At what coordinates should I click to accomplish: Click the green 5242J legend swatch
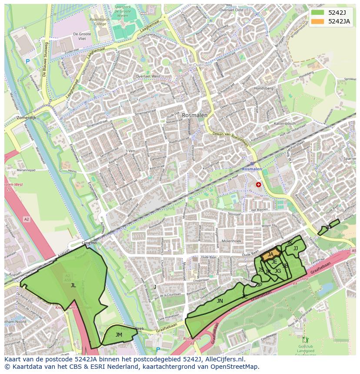(x=317, y=12)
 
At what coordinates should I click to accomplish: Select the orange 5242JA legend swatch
(x=317, y=21)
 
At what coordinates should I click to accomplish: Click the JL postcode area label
(x=73, y=285)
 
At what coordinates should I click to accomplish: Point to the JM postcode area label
(x=119, y=334)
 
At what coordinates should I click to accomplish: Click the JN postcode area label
(x=220, y=301)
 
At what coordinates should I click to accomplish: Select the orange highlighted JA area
(x=270, y=255)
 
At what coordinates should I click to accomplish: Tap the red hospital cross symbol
(x=259, y=185)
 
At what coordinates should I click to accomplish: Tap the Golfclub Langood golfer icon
(x=305, y=340)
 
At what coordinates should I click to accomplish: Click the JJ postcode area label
(x=296, y=248)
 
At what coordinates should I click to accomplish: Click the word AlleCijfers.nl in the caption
(x=225, y=360)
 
